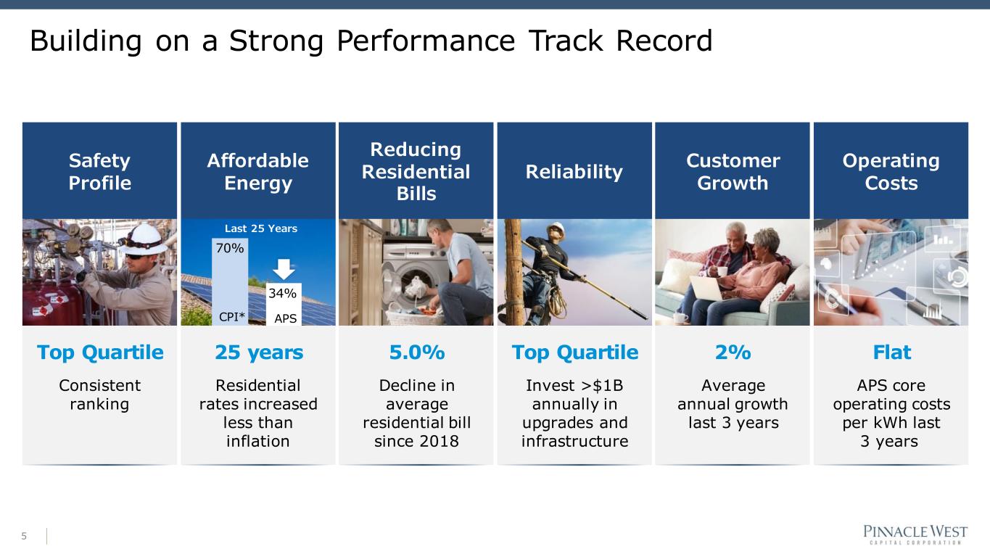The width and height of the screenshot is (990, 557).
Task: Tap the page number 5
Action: (24, 536)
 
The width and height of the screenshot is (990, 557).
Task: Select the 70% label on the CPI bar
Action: (230, 248)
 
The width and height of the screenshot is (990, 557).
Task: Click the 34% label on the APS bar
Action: (282, 293)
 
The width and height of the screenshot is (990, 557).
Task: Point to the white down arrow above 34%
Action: (284, 269)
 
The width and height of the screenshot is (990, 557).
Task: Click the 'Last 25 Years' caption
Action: (261, 228)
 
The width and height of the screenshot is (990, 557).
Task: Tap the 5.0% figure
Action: (417, 352)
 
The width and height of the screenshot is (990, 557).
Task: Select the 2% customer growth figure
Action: (733, 352)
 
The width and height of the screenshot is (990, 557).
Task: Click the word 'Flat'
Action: (891, 352)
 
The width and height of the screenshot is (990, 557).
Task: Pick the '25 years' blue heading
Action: (259, 352)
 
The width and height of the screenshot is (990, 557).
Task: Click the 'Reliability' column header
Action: (574, 171)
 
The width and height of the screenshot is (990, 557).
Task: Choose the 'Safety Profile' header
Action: (100, 171)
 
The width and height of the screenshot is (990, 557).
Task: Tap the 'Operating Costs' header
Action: (891, 171)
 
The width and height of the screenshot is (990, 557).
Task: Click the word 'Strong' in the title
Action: (276, 41)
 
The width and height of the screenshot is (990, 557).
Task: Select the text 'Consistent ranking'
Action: (100, 395)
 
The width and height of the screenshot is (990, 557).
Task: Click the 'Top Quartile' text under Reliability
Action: (575, 352)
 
